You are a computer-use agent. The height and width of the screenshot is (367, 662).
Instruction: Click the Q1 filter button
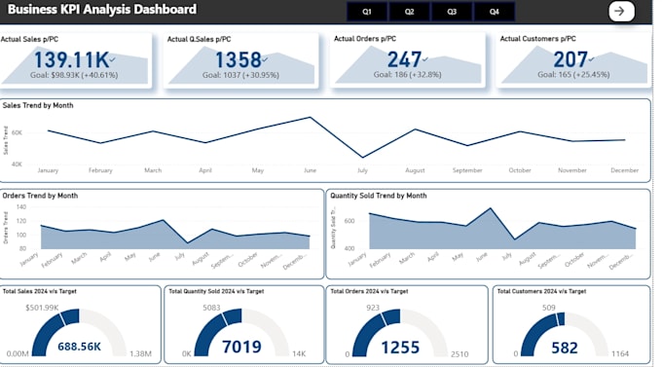[366, 12]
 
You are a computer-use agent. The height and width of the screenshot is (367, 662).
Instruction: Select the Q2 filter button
[409, 12]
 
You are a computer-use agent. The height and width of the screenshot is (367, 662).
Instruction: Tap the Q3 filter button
[452, 12]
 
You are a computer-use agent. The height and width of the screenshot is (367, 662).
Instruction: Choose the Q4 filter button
[495, 12]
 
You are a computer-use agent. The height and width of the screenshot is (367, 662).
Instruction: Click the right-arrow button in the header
[620, 11]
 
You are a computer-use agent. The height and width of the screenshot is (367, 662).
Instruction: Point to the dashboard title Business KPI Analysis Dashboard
[102, 10]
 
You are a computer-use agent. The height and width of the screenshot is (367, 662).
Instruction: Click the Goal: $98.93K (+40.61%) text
[76, 74]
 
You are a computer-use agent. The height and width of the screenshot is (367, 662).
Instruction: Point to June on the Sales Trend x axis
[311, 170]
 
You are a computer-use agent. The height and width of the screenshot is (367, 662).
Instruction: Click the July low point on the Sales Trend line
[363, 157]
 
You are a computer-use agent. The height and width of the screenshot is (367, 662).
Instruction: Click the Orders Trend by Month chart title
[40, 195]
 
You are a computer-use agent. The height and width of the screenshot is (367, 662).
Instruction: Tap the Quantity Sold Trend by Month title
[378, 195]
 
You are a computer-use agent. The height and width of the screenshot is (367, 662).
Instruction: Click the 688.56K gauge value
[80, 346]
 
